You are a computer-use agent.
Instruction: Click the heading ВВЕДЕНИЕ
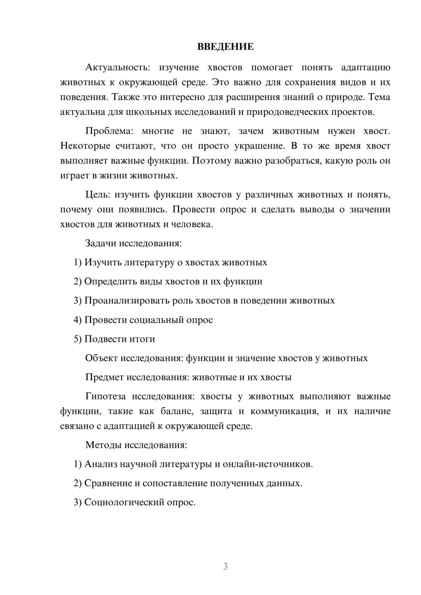click(225, 47)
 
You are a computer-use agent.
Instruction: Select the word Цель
click(97, 194)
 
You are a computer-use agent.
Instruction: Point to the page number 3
click(225, 566)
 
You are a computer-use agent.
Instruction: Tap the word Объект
click(101, 358)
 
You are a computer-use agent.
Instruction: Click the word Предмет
click(104, 377)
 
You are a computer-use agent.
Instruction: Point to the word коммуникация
click(284, 411)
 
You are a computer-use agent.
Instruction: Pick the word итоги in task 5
click(144, 339)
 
